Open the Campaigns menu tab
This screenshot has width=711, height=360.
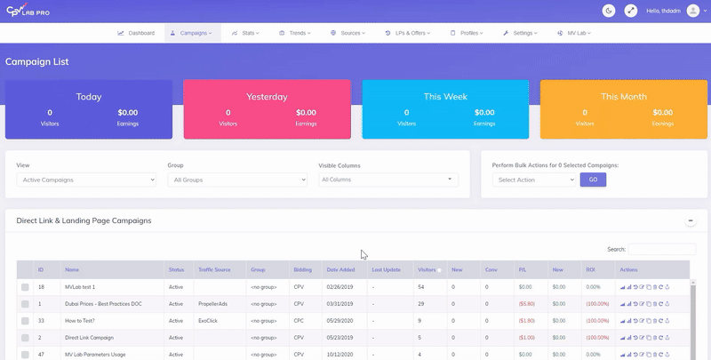192,33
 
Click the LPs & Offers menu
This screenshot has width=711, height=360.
407,33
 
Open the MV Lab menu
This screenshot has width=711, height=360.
576,33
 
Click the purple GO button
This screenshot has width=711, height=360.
594,180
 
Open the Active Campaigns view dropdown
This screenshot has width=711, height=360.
86,180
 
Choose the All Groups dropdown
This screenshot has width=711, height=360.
237,180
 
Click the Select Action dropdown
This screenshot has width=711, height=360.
534,180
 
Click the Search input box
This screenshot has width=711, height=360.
662,249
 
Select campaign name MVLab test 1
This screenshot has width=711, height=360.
80,287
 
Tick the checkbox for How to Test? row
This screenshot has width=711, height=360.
26,321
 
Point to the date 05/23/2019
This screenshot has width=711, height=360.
340,338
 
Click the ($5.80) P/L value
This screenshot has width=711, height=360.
525,304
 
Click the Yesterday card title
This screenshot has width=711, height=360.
267,96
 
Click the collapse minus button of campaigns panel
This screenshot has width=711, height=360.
690,220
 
